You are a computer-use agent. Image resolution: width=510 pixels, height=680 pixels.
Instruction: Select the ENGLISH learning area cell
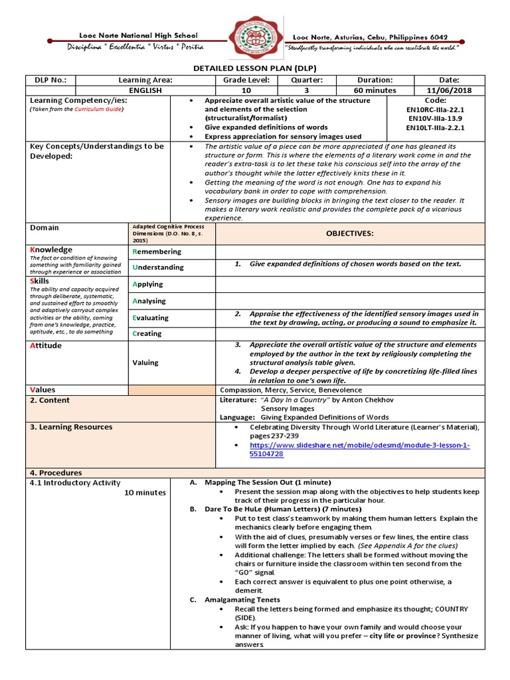coord(145,90)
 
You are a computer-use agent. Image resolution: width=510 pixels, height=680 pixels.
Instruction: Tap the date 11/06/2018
coord(449,90)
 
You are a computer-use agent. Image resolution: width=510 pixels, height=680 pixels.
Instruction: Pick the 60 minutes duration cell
coord(375,90)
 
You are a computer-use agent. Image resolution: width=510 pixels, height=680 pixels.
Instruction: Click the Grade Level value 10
coord(246,90)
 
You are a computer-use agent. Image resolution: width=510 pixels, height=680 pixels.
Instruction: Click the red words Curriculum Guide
coord(98,109)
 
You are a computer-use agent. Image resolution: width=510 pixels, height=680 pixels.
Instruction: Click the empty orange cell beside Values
coord(171,390)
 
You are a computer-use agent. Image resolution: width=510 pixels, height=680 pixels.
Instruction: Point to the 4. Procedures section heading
coord(56,473)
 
